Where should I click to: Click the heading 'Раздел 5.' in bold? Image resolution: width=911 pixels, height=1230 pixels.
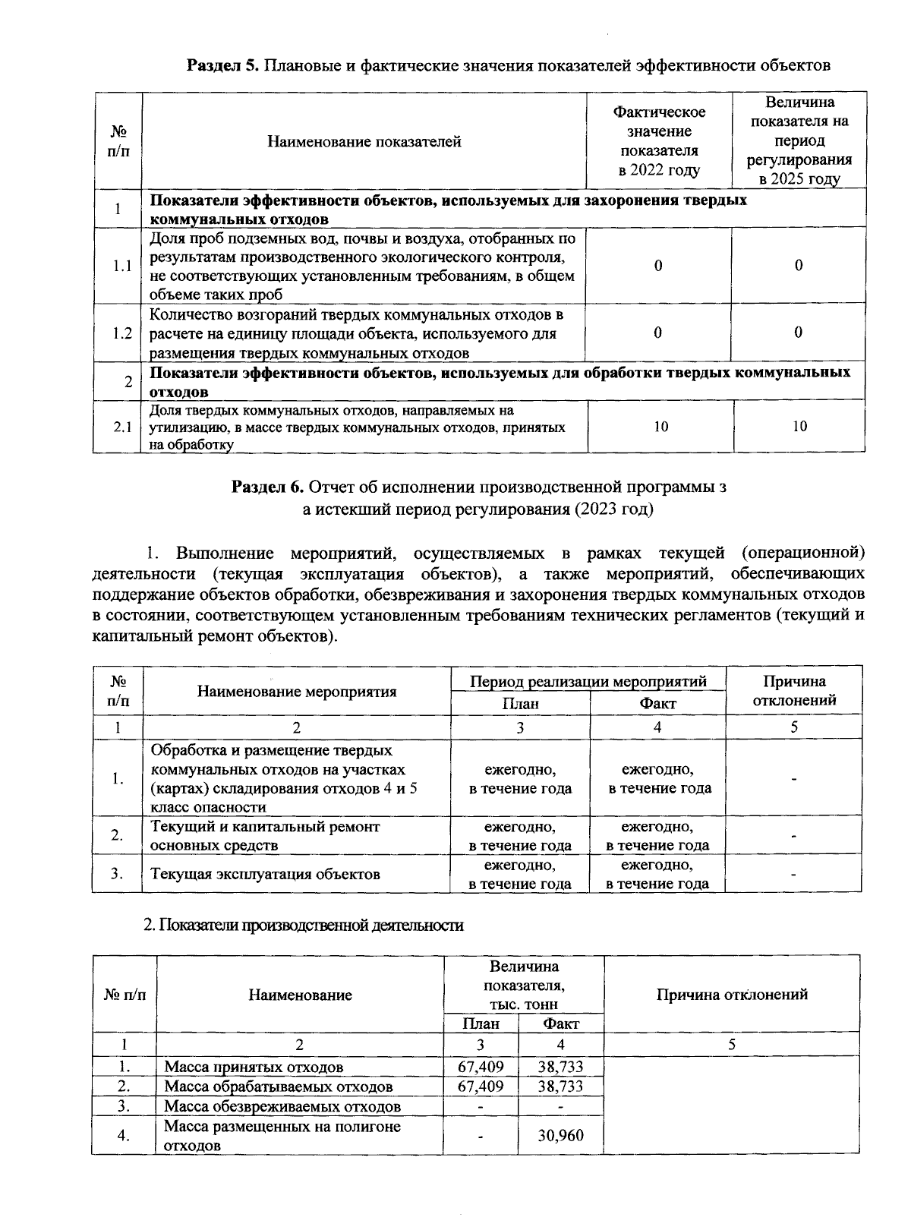223,65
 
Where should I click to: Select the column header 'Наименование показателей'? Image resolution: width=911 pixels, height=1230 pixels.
364,141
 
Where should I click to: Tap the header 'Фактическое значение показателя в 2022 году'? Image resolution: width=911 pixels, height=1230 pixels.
659,141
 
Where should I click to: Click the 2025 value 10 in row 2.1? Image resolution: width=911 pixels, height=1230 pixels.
799,427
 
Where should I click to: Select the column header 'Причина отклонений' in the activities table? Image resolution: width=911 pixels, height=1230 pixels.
793,690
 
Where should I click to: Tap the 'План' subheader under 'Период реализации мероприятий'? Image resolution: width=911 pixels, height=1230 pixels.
520,704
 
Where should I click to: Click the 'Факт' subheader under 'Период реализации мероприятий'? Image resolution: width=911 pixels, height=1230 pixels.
657,704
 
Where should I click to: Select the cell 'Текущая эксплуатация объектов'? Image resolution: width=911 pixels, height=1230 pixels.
266,874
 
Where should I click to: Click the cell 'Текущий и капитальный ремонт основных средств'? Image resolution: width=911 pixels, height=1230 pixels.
266,836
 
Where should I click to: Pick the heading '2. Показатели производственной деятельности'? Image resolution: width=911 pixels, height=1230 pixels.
304,926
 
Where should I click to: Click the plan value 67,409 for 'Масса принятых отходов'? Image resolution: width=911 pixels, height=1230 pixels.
481,1067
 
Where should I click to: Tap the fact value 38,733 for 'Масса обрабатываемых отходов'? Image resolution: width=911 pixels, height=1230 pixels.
560,1086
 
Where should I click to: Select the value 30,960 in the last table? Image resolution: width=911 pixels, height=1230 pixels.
560,1136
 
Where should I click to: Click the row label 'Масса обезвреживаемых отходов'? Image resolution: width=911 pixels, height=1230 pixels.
282,1106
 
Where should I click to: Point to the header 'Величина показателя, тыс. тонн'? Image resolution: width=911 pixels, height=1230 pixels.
524,986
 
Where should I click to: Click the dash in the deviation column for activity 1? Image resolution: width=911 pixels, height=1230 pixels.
793,779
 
